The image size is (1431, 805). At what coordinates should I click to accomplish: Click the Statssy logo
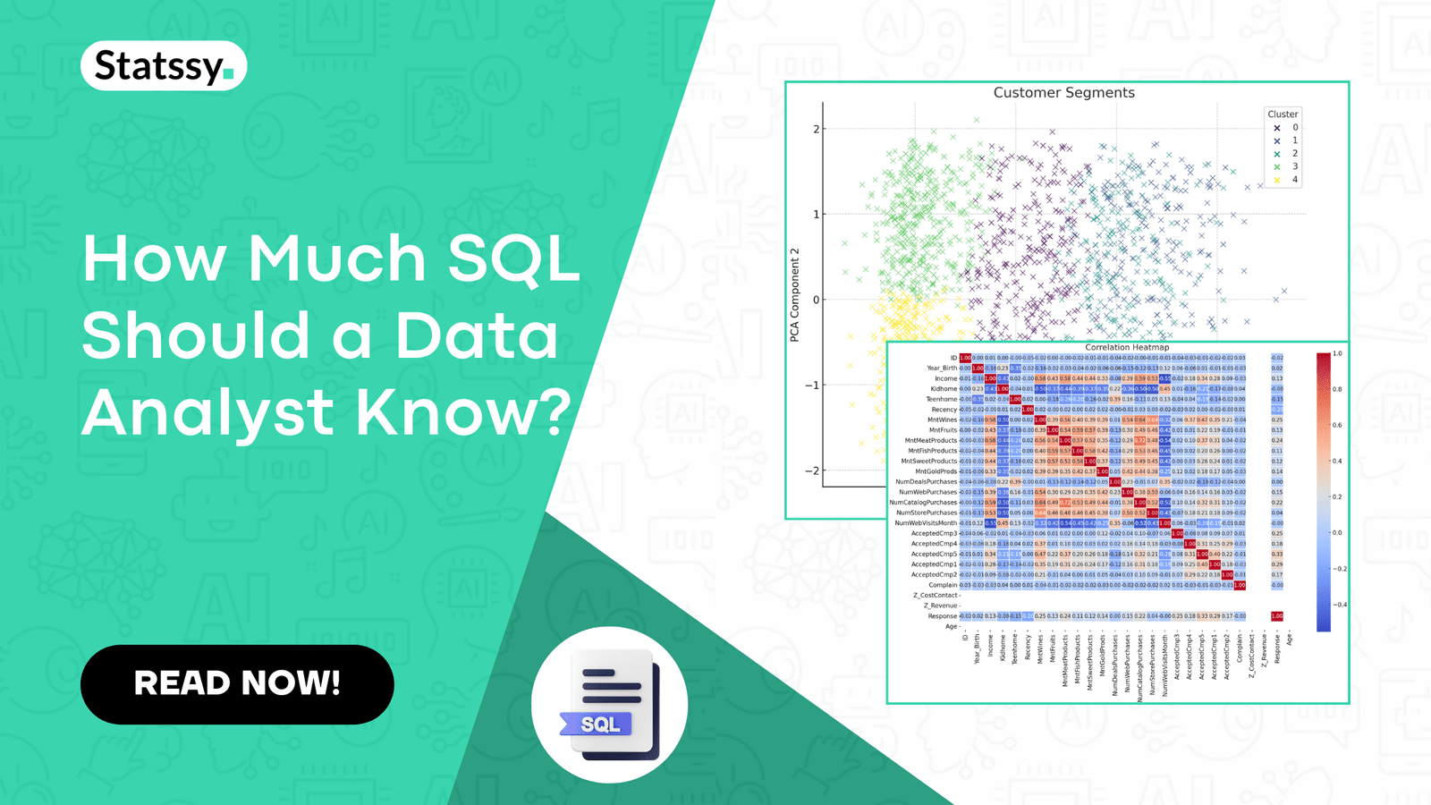click(164, 66)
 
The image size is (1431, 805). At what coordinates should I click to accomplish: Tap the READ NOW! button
click(237, 683)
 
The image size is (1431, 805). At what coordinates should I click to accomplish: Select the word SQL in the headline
click(513, 259)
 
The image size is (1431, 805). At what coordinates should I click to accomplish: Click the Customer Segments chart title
click(1063, 93)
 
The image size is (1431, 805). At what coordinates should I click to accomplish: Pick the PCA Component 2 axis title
click(794, 295)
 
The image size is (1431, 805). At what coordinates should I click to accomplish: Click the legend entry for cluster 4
click(1285, 180)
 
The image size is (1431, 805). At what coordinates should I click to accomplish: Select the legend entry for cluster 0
click(1285, 128)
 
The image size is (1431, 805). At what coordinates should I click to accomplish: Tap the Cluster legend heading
click(1282, 114)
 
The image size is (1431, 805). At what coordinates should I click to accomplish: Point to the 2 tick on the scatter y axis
click(816, 129)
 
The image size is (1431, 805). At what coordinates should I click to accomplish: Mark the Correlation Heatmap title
click(1127, 347)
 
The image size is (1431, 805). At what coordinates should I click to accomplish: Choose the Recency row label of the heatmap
click(944, 410)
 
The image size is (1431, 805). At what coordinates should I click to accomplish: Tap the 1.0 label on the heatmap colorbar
click(1337, 354)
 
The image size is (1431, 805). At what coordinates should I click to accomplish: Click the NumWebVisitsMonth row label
click(927, 523)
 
